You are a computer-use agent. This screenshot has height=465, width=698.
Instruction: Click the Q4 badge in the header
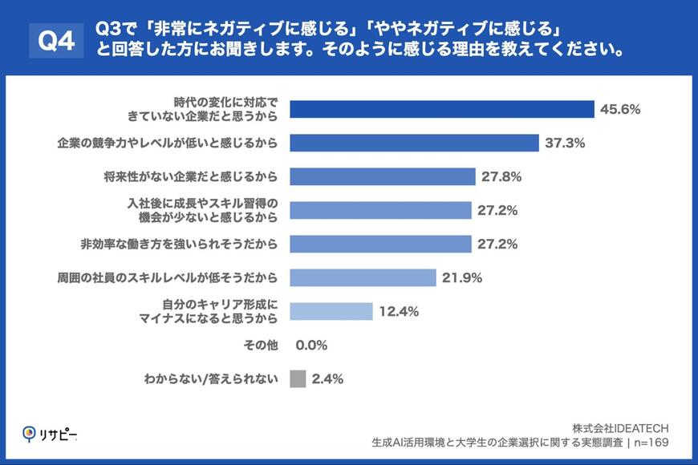56,41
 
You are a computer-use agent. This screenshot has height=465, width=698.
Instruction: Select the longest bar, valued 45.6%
441,109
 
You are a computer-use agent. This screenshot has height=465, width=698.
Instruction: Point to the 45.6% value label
620,109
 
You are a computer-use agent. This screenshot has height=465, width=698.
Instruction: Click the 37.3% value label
565,143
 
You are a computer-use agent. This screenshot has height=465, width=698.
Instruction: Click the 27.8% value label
501,176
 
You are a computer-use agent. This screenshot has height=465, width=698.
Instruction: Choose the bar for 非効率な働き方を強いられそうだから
380,244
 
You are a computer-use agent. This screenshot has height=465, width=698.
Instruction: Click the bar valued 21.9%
363,277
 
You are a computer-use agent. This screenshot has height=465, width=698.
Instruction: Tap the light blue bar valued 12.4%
331,311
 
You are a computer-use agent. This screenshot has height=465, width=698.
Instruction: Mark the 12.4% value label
399,311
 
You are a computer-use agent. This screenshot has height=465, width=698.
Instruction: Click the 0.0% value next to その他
311,345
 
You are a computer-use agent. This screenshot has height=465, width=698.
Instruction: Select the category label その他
261,345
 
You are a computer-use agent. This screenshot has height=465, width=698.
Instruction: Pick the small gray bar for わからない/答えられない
298,378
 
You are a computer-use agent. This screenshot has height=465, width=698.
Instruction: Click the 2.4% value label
327,378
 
